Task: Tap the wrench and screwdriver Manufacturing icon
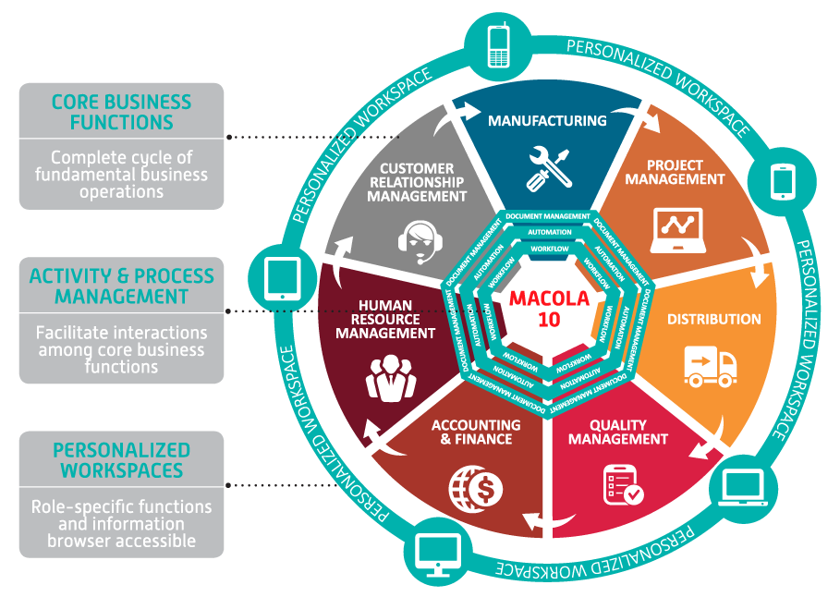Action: tap(547, 167)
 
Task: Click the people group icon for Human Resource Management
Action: tap(391, 375)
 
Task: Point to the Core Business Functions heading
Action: tap(121, 112)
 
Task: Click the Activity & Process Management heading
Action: tap(121, 286)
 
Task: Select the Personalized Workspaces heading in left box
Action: tap(121, 460)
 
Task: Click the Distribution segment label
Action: tap(714, 320)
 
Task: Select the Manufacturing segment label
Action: tap(547, 121)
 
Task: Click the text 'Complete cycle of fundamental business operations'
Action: tap(121, 175)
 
